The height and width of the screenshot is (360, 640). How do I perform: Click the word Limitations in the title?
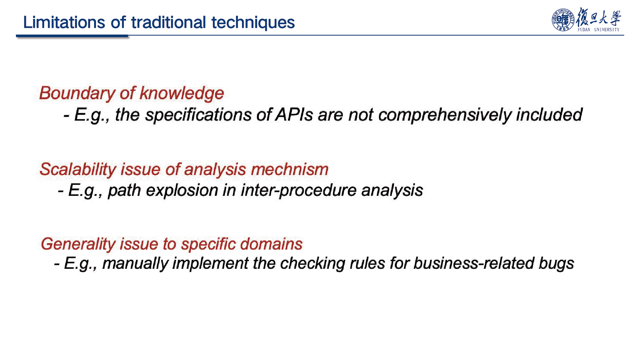tap(64, 22)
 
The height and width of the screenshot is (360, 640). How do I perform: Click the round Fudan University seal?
tap(563, 20)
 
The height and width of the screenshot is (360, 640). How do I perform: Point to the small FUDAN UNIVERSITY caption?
tap(598, 30)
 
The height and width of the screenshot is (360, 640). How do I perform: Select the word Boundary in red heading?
tap(77, 93)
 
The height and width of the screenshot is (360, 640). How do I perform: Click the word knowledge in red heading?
tap(182, 93)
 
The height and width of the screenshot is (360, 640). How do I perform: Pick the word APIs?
tap(294, 115)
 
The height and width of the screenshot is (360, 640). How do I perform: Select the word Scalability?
tap(78, 170)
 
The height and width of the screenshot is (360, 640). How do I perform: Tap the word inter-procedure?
tap(299, 191)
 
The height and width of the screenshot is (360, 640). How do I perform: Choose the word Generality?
tap(78, 244)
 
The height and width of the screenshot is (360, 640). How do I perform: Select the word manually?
tap(135, 264)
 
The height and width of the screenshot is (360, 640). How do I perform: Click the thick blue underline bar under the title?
tap(72, 36)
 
